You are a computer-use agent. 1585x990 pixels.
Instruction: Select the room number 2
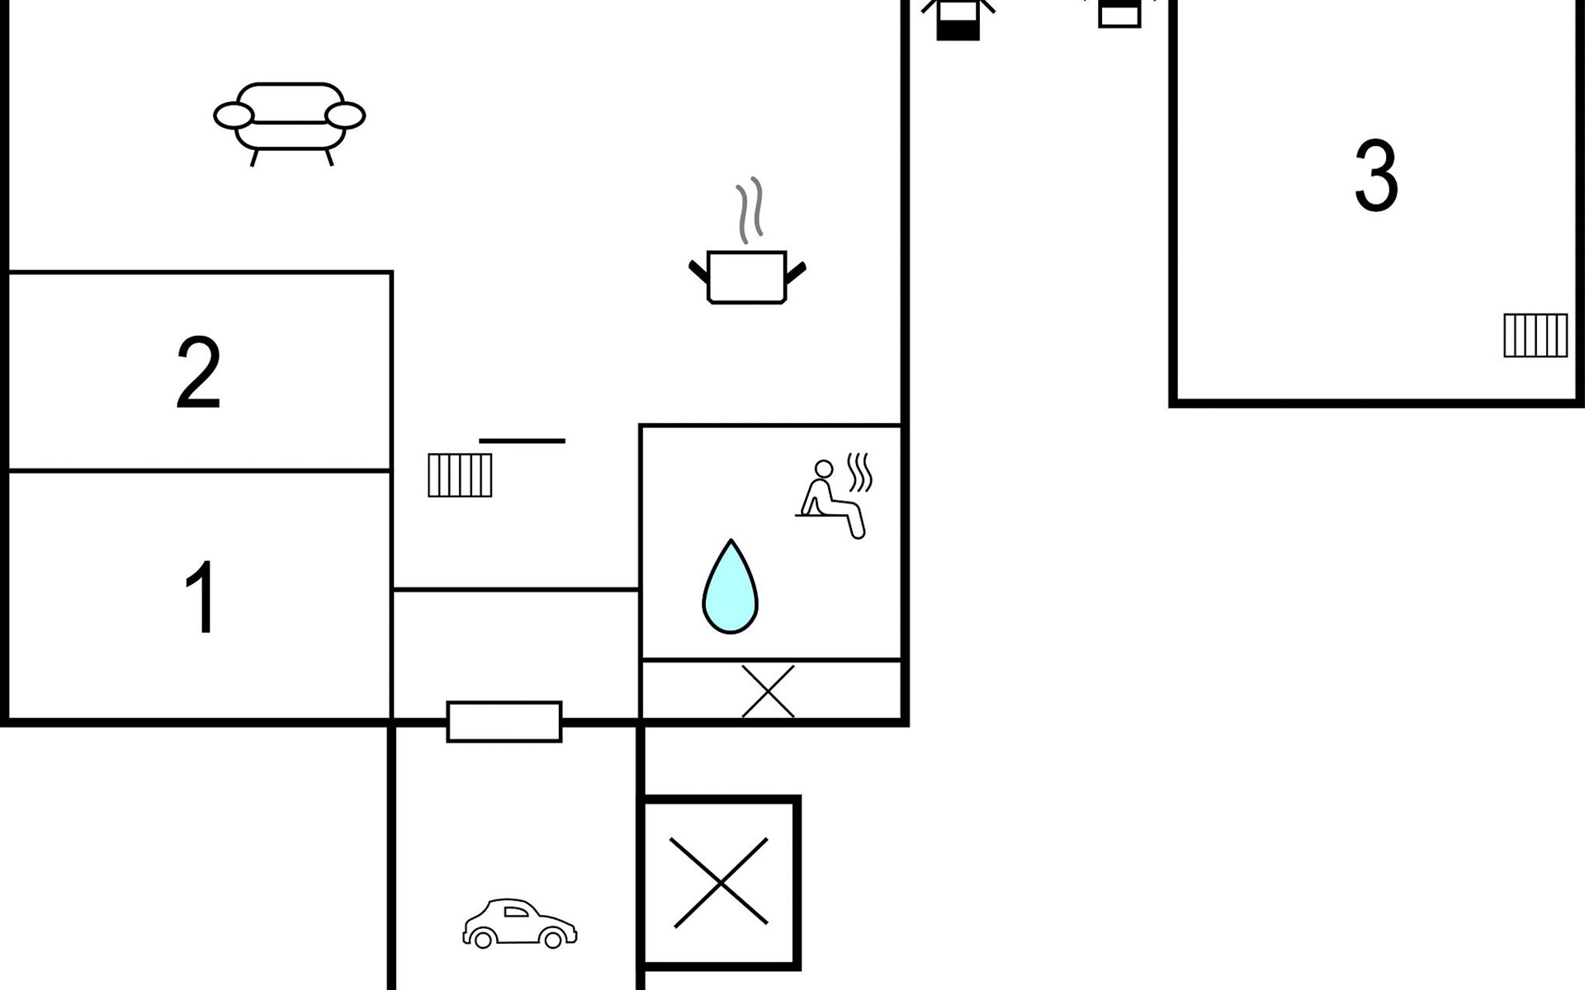(199, 373)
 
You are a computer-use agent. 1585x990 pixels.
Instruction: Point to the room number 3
(1376, 176)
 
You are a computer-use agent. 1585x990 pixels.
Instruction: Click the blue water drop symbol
(731, 587)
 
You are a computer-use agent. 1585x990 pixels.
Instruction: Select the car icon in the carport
(519, 923)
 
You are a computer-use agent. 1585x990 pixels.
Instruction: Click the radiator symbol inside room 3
(1535, 336)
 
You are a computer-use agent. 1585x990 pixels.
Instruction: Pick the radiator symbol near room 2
(460, 475)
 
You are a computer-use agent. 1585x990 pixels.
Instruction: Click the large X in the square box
(721, 883)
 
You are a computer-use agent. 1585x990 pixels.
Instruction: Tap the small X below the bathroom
(768, 691)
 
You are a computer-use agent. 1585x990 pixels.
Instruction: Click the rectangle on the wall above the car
(504, 722)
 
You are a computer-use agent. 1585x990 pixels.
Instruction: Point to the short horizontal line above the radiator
(523, 441)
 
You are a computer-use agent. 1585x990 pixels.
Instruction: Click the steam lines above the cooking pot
(750, 210)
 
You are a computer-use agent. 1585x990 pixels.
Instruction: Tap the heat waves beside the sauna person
(860, 472)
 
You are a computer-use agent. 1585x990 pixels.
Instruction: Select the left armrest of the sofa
(234, 116)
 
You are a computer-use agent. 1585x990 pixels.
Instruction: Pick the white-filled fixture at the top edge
(1119, 14)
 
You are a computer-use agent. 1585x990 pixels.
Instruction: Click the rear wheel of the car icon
(483, 939)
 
